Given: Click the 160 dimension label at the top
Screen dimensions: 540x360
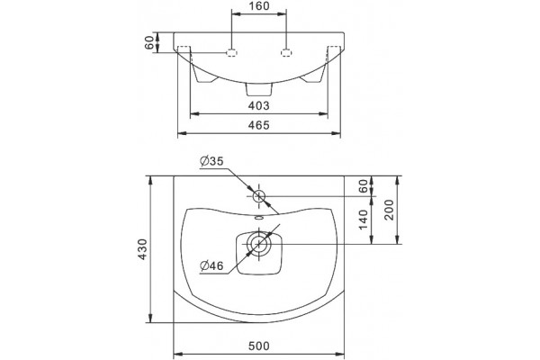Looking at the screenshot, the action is (258, 6).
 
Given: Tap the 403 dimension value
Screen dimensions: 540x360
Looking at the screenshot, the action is (258, 106).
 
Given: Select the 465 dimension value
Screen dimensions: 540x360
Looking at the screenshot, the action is (258, 125).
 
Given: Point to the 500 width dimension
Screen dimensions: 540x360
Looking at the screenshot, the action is (258, 346).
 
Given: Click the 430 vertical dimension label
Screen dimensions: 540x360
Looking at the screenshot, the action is (142, 249).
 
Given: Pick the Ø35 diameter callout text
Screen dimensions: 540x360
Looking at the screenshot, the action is (211, 161).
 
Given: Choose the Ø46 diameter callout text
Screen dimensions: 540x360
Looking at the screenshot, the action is (211, 265).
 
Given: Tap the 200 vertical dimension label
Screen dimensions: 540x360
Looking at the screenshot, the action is (389, 210).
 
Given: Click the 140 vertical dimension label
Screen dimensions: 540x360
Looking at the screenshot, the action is (364, 220).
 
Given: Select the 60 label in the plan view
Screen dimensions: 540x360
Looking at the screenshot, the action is (364, 186).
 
